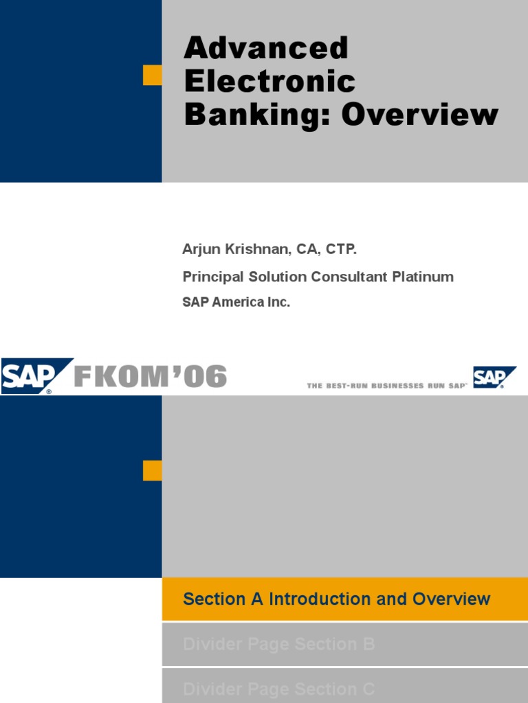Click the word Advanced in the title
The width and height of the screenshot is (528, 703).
[266, 49]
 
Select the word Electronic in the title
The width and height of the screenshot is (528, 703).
[269, 82]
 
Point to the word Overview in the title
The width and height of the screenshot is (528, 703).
[419, 115]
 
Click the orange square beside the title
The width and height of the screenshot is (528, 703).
[152, 76]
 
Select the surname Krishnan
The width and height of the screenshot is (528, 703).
[256, 249]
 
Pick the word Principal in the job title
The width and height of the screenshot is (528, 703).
[209, 277]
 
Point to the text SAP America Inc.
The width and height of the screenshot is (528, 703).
[236, 302]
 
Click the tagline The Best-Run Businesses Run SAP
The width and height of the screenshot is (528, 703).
[386, 386]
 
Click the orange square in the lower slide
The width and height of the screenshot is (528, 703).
[152, 470]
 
